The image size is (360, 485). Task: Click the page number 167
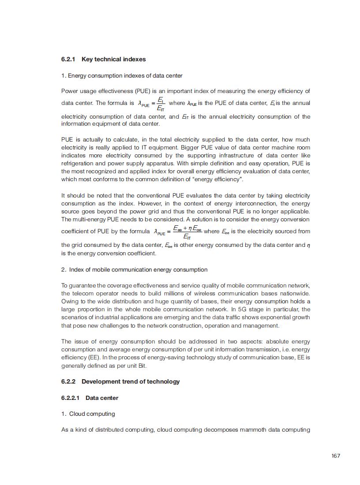tap(336, 455)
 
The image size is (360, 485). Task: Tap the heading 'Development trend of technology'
tap(131, 381)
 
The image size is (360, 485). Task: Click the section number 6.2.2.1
tap(70, 398)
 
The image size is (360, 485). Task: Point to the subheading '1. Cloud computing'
tap(88, 414)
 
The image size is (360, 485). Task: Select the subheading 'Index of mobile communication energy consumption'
tap(138, 269)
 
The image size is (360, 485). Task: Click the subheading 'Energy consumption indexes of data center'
tap(125, 75)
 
